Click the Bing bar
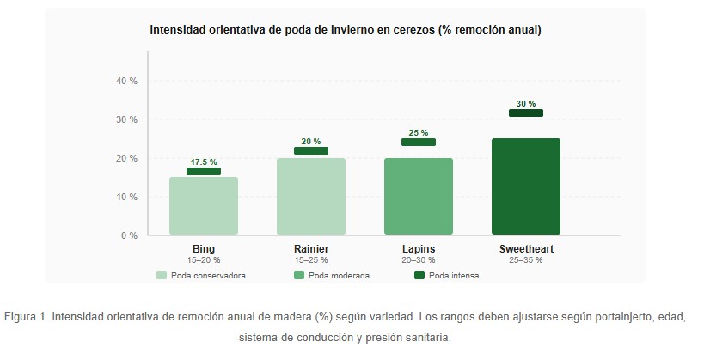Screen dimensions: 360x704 pos(204,206)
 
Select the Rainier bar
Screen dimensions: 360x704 pos(311,197)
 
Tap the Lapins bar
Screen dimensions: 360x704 pos(419,197)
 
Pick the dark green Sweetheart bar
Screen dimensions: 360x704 pos(526,186)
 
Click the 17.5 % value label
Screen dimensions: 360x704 pos(204,162)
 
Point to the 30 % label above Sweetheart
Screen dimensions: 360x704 pos(526,103)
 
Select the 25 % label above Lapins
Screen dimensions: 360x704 pos(419,132)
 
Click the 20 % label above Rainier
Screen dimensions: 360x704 pos(311,142)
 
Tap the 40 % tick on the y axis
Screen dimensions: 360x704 pos(126,81)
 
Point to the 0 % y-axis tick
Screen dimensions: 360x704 pos(129,235)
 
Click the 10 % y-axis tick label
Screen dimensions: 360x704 pos(126,197)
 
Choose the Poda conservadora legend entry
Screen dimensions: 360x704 pos(201,276)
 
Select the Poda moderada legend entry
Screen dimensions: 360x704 pos(334,276)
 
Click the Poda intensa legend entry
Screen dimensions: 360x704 pos(446,276)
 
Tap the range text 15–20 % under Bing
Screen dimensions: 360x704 pos(204,259)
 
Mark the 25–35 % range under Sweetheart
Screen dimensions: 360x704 pos(526,259)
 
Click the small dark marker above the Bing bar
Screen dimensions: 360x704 pos(204,171)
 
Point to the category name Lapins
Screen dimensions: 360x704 pos(419,249)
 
